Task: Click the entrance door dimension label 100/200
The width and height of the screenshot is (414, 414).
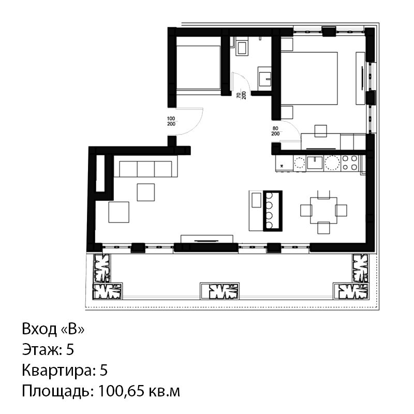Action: (x=171, y=122)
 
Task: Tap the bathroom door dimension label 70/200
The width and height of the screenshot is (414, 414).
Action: (x=241, y=95)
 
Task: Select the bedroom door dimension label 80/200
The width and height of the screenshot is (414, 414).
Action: (x=275, y=131)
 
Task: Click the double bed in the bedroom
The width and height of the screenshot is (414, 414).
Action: (x=309, y=78)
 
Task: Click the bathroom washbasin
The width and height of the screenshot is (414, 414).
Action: (x=265, y=77)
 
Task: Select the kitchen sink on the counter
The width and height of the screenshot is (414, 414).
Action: (x=315, y=162)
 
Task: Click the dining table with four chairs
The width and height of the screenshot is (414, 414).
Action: (x=324, y=211)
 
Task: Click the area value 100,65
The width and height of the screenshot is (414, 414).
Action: (x=121, y=391)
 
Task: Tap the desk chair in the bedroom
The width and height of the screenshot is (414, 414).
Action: (x=320, y=131)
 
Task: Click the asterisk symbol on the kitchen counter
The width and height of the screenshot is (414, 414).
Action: (x=282, y=166)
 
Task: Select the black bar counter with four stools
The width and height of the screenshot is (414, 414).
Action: (x=273, y=211)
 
